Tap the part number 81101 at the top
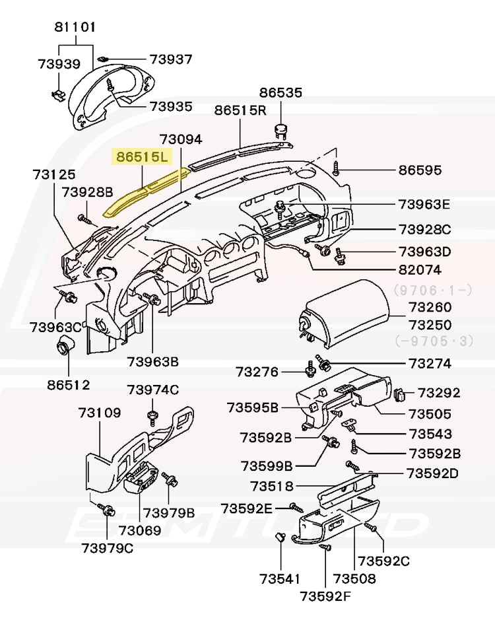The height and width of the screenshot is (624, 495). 75,27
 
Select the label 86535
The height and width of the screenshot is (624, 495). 280,92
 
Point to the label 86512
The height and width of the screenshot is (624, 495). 68,384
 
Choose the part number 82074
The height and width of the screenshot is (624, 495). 420,270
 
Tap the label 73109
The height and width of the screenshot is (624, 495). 100,413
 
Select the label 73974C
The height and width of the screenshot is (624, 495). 152,390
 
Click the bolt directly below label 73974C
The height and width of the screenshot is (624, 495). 152,416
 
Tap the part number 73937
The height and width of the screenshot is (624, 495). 170,59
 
